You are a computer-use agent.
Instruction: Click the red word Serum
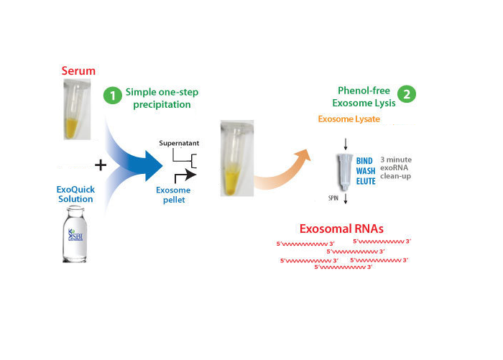[x=78, y=71]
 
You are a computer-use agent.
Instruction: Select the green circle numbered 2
[x=407, y=95]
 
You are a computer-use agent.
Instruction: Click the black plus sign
[x=101, y=165]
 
